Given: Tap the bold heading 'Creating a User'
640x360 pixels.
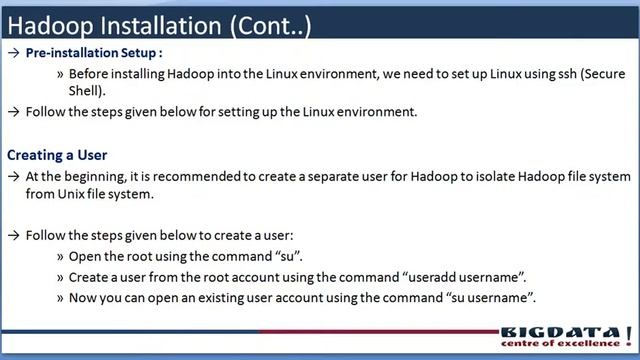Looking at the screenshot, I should pos(57,155).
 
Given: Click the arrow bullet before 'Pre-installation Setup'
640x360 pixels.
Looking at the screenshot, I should pos(12,54).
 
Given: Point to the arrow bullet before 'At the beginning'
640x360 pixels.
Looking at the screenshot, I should pos(12,175).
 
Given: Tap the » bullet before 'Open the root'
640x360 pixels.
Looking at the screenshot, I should pos(61,256).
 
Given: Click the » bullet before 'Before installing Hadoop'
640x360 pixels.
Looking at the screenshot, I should pos(61,73).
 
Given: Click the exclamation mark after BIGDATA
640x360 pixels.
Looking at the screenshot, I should pos(628,333).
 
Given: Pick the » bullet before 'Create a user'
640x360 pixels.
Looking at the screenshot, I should pos(61,277).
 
